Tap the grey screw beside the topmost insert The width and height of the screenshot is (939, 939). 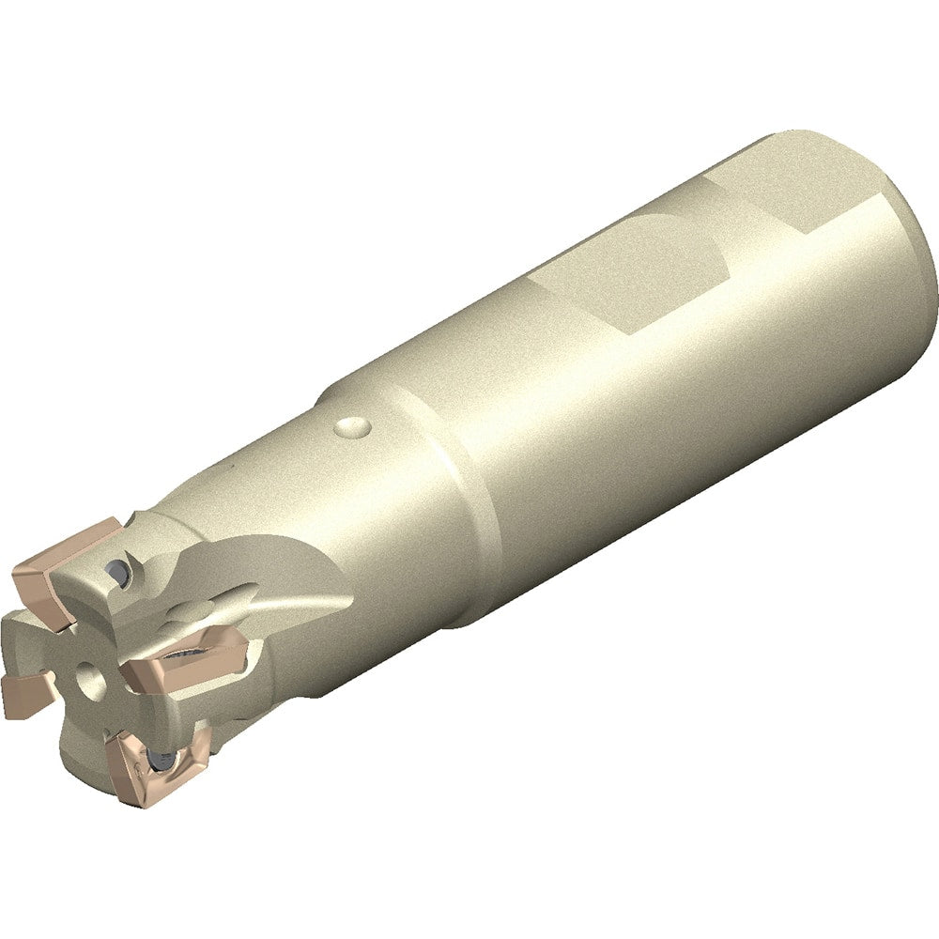pos(116,570)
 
